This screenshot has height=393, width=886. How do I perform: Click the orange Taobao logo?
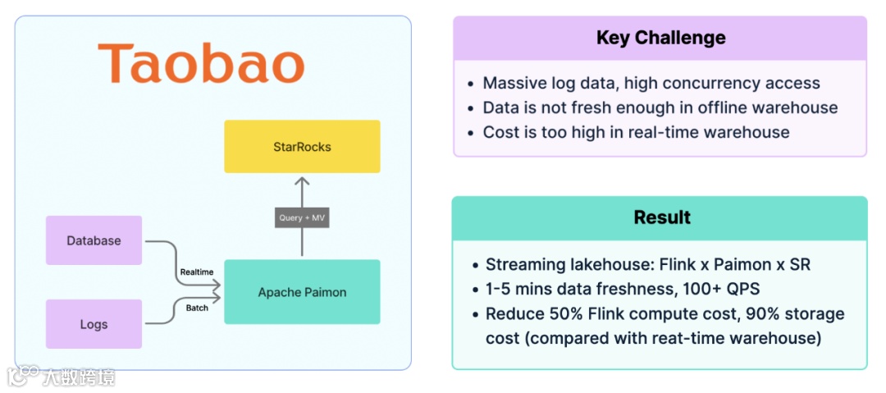point(201,63)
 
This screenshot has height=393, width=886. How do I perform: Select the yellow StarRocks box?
point(302,147)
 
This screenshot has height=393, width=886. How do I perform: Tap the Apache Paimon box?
point(302,292)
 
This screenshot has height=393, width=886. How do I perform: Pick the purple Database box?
point(94,240)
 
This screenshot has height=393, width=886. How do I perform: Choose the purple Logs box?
point(94,324)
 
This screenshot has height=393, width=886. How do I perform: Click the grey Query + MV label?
point(302,217)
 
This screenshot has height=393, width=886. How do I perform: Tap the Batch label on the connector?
point(196,308)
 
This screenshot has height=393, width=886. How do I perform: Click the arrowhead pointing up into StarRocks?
point(302,181)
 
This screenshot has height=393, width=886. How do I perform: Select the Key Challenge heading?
point(660,38)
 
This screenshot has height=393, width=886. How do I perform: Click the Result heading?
point(661,217)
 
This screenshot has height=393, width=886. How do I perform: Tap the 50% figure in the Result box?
point(556,314)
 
